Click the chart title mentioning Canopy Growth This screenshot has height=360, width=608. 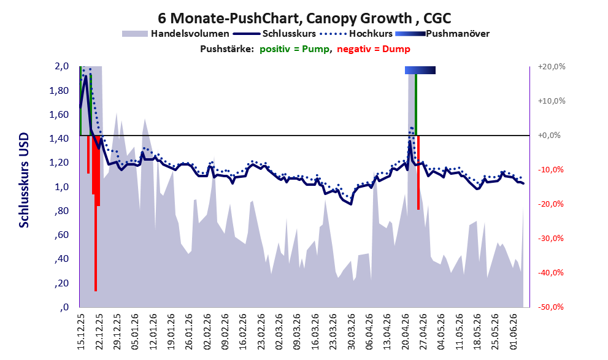[304, 18]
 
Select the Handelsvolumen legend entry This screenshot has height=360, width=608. [175, 34]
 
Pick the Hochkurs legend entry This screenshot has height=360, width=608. [356, 34]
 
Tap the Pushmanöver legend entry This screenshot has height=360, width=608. [442, 34]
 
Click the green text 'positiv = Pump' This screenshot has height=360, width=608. [294, 49]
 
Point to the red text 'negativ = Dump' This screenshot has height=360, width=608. [374, 49]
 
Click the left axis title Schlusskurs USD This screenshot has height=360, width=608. [24, 180]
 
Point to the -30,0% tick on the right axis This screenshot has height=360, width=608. [550, 239]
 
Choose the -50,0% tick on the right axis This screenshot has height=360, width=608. [550, 307]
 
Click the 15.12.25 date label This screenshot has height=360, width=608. [80, 331]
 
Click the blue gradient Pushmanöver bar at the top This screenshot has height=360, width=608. [420, 70]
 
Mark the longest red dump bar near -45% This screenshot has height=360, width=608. [96, 213]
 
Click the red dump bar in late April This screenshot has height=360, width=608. [418, 172]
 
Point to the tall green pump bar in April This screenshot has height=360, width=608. [416, 105]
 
